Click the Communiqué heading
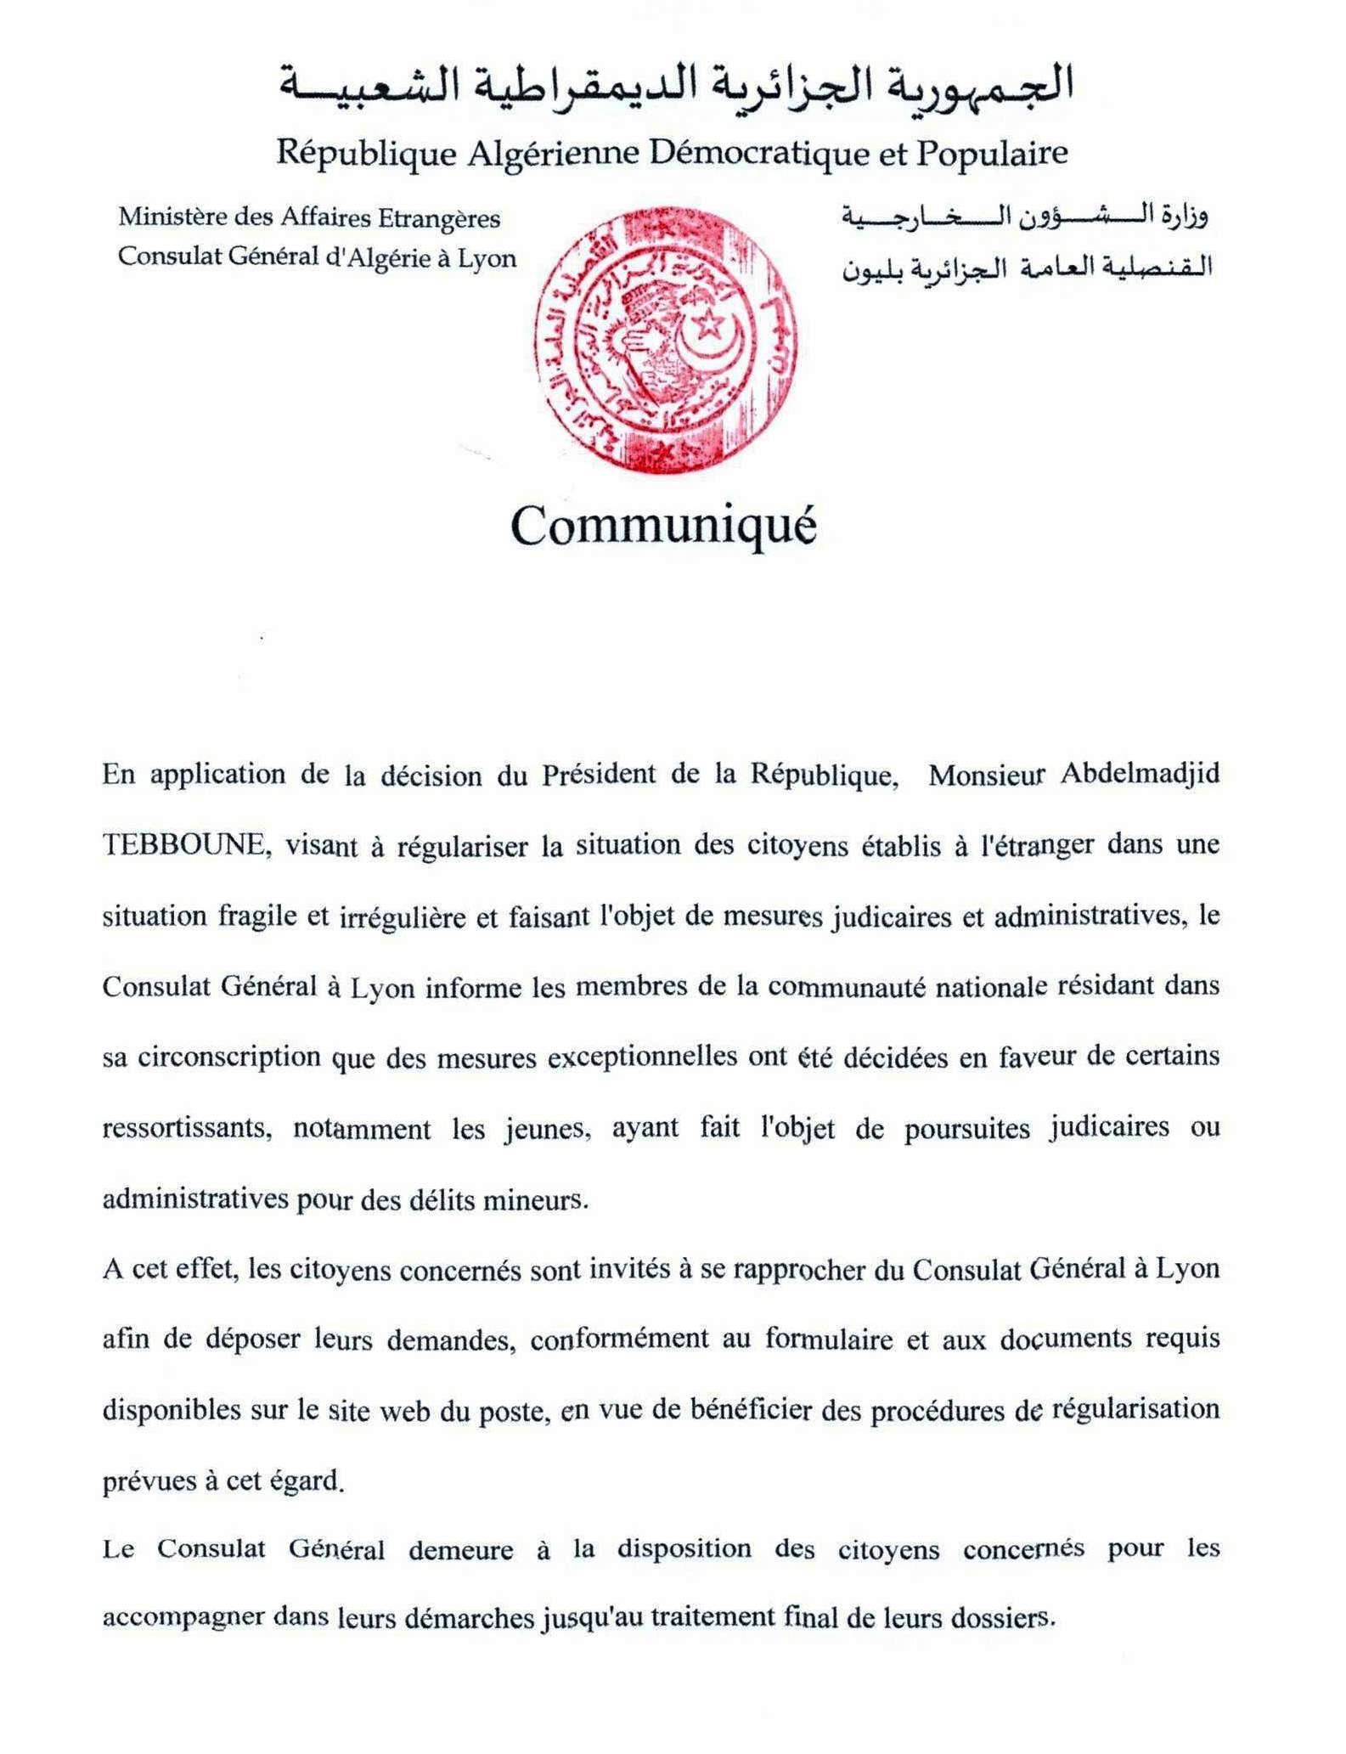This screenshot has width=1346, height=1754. (663, 527)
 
